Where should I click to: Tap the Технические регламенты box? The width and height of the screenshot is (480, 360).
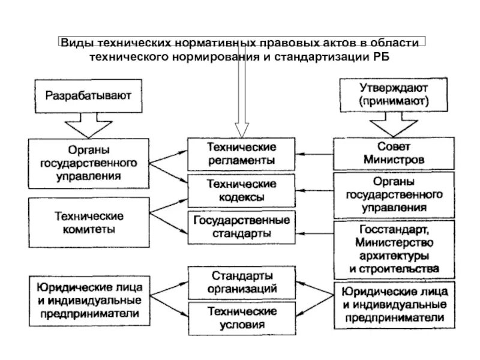242,154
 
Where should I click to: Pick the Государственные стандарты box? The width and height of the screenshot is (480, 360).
242,226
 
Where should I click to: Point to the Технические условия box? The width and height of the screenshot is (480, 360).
242,318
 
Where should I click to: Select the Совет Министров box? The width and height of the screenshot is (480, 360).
394,154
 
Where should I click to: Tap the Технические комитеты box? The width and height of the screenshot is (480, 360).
89,222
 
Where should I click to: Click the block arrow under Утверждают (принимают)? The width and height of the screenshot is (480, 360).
393,127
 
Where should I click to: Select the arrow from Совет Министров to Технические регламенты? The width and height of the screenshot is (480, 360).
314,154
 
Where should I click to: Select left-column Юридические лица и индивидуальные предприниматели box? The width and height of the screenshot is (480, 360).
89,299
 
